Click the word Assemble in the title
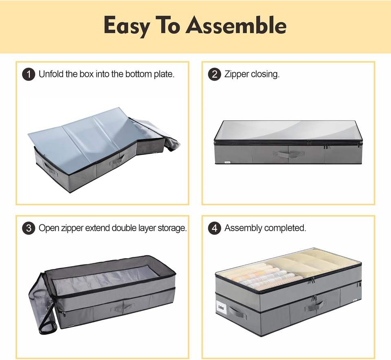click(x=236, y=25)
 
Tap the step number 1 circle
click(x=29, y=74)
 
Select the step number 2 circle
click(x=215, y=74)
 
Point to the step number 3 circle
click(x=29, y=228)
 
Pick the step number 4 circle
click(x=215, y=228)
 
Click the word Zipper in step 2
click(x=237, y=74)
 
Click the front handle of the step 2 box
click(x=288, y=154)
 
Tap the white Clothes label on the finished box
click(x=221, y=307)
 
